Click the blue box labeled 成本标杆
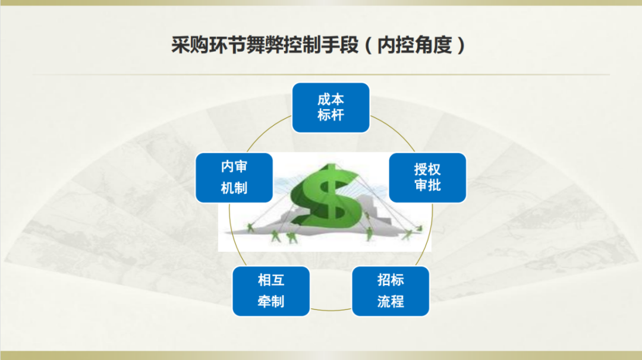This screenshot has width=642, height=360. [331, 108]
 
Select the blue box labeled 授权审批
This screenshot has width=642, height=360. [427, 177]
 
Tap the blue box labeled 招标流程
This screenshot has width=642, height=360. [391, 291]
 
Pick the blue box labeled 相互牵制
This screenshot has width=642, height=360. [271, 291]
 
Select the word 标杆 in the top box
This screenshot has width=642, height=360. [331, 115]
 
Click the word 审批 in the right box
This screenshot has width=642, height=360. [427, 185]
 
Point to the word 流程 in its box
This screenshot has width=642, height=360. [391, 301]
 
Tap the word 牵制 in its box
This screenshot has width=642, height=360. [271, 301]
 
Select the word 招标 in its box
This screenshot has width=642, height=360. [391, 280]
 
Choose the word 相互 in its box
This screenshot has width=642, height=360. [271, 280]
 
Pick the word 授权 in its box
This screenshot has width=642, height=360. [427, 169]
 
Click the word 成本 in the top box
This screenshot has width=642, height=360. [331, 99]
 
